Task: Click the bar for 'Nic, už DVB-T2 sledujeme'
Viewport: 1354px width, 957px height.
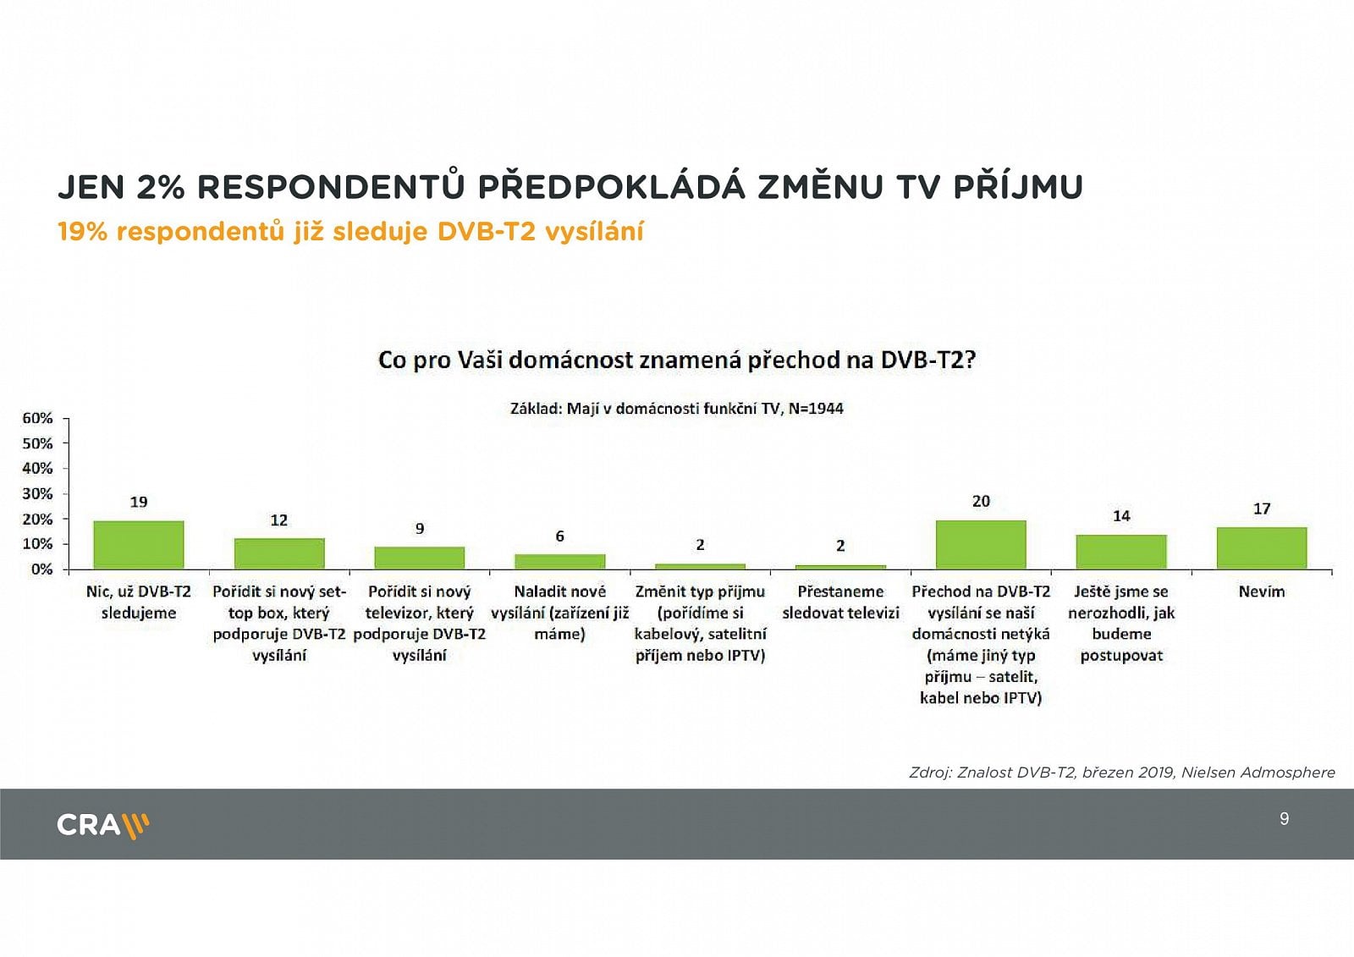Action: tap(139, 545)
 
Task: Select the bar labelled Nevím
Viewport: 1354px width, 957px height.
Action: tap(1262, 547)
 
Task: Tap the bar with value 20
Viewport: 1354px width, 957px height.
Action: tap(981, 544)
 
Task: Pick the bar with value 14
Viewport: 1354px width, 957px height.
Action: tap(1121, 552)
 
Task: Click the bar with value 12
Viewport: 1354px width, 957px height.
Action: tap(279, 553)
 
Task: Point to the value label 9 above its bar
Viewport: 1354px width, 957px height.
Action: tap(420, 529)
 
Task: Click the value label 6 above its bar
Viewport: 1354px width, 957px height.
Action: tap(560, 536)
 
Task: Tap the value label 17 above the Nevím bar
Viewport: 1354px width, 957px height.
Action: tap(1262, 509)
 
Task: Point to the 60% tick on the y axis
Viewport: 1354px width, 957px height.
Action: tap(37, 418)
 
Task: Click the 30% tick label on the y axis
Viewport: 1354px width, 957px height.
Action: tap(37, 493)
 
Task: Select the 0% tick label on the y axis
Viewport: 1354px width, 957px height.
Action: tap(41, 569)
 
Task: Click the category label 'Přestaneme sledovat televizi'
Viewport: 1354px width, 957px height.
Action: tap(840, 602)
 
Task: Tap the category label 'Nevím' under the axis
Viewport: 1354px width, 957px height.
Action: tap(1262, 592)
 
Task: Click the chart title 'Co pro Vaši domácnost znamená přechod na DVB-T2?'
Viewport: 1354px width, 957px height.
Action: tap(677, 360)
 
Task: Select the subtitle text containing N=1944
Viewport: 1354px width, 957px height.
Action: tap(677, 409)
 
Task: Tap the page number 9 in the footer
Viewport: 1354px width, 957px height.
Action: tap(1285, 819)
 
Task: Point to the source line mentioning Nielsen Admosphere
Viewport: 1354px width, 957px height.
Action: tap(1121, 773)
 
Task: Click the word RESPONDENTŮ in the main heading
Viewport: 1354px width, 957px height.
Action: tap(331, 187)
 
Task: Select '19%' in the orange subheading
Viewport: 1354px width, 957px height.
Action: tap(82, 232)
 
